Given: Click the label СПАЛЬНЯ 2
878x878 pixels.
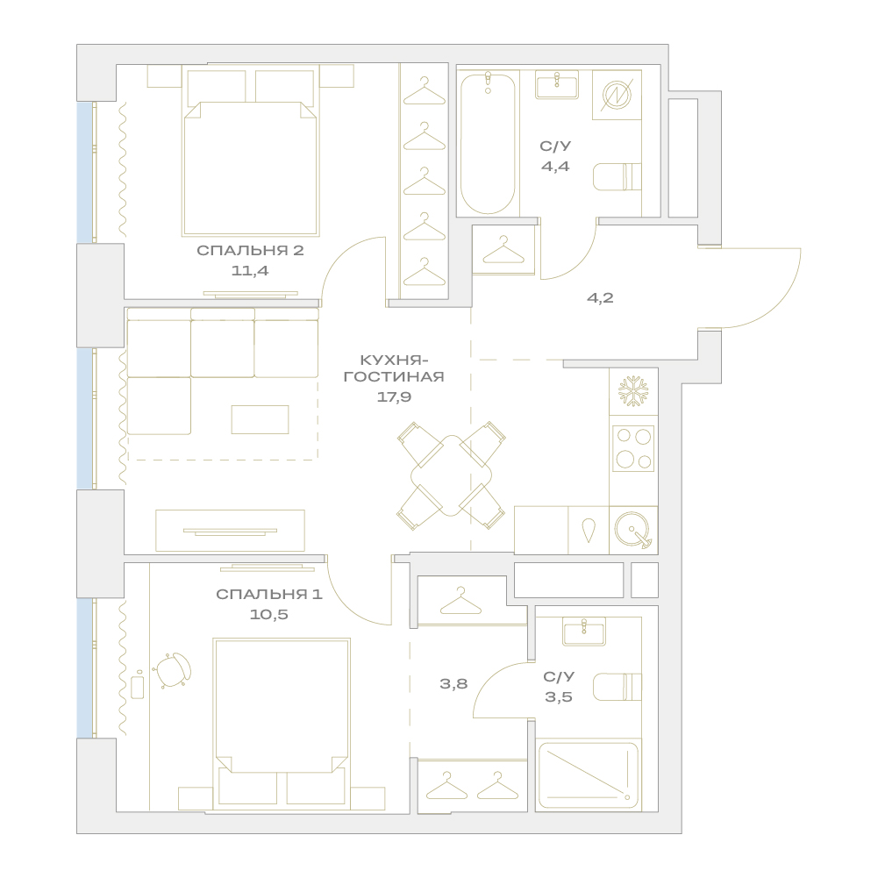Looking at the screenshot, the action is pyautogui.click(x=250, y=250).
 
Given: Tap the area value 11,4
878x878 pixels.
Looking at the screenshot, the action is pyautogui.click(x=250, y=271).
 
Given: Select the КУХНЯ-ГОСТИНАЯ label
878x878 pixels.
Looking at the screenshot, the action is pyautogui.click(x=394, y=368).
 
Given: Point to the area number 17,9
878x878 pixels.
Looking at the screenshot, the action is pyautogui.click(x=394, y=397).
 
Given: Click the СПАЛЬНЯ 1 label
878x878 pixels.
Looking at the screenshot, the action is pyautogui.click(x=269, y=594).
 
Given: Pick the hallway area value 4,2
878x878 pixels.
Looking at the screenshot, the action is pyautogui.click(x=600, y=298).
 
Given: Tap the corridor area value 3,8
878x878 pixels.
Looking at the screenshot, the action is pyautogui.click(x=453, y=683).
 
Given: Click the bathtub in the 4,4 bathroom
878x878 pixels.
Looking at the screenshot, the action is pyautogui.click(x=488, y=143).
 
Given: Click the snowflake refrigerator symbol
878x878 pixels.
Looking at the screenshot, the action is pyautogui.click(x=633, y=391).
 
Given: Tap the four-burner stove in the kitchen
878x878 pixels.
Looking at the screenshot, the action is pyautogui.click(x=633, y=448).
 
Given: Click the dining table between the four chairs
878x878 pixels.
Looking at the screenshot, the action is pyautogui.click(x=452, y=476).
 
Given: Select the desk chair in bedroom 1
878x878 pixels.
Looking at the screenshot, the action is pyautogui.click(x=173, y=670).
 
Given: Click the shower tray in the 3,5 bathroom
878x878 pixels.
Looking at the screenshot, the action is pyautogui.click(x=588, y=775).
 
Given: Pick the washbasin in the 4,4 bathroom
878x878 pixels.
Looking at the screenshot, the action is pyautogui.click(x=557, y=84).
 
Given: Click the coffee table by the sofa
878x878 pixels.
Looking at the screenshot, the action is pyautogui.click(x=261, y=419).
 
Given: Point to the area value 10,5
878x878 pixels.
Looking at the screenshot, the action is pyautogui.click(x=269, y=615).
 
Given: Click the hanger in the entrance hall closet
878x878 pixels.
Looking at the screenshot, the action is pyautogui.click(x=503, y=250).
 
